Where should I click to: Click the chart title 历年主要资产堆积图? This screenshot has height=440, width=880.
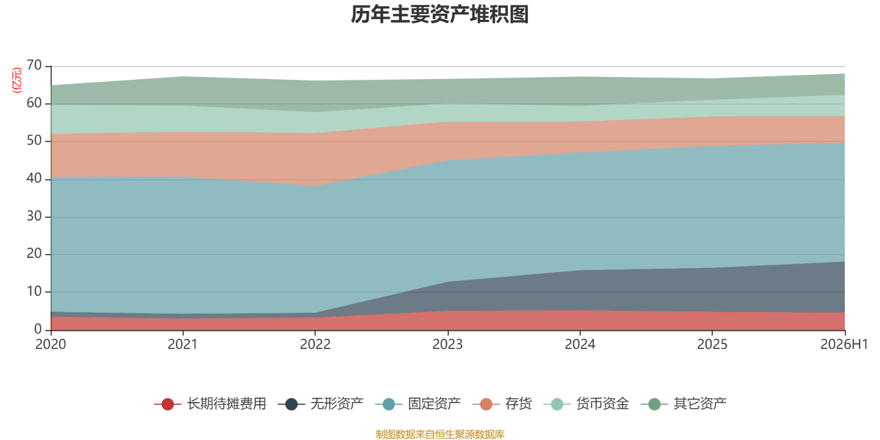[x=439, y=14]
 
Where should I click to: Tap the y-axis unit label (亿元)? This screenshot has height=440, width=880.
[x=17, y=80]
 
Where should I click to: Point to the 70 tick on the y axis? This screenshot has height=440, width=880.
[x=34, y=65]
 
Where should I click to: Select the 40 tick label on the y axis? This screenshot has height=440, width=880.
[x=34, y=178]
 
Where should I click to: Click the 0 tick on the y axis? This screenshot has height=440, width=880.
[x=38, y=329]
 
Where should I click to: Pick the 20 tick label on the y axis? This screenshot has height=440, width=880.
[x=34, y=254]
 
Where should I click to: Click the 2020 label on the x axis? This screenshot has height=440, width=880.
[x=51, y=344]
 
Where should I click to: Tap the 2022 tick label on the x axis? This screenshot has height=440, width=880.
[x=316, y=344]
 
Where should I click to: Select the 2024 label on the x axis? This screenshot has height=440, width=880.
[x=580, y=344]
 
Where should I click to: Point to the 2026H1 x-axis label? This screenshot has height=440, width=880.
[x=844, y=344]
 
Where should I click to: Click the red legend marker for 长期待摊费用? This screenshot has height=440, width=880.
[x=168, y=404]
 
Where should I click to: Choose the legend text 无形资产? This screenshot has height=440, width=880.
[x=337, y=404]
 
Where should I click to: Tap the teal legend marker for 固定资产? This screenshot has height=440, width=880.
[x=388, y=404]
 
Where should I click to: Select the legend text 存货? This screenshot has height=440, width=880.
[x=518, y=404]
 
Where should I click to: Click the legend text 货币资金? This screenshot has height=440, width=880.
[x=602, y=404]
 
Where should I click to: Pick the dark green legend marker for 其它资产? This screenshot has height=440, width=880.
[x=654, y=404]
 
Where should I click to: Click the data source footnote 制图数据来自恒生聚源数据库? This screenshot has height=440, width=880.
[x=440, y=434]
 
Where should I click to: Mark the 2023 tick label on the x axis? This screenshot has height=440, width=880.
[x=448, y=344]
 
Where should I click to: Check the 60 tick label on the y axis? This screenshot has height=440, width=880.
[x=34, y=103]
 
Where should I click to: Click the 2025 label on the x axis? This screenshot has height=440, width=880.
[x=712, y=344]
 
